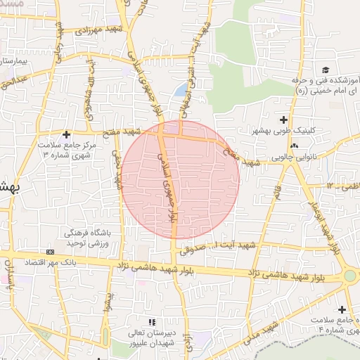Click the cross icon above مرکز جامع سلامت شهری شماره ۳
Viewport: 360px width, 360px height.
click(67, 134)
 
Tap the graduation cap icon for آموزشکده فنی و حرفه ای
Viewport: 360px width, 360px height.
click(326, 70)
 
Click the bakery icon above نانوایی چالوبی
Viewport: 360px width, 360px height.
click(294, 146)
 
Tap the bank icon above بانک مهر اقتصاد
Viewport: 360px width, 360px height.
click(50, 252)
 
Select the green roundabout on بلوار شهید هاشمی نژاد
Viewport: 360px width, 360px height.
click(349, 276)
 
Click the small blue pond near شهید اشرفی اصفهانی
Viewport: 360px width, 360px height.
click(181, 90)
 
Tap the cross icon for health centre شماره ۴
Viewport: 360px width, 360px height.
click(342, 309)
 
